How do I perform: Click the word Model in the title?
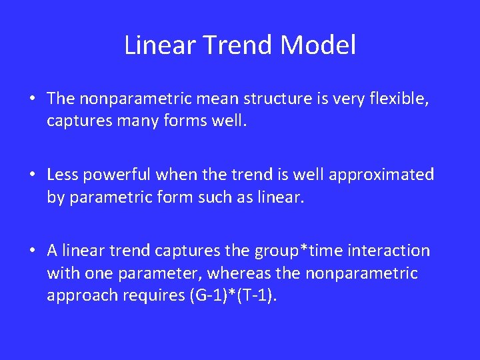coord(318,46)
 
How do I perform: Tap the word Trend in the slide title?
coord(240,46)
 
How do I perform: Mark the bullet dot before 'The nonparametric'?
coord(32,100)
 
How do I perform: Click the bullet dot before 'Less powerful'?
coord(32,176)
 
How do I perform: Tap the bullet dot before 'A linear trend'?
coord(32,252)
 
